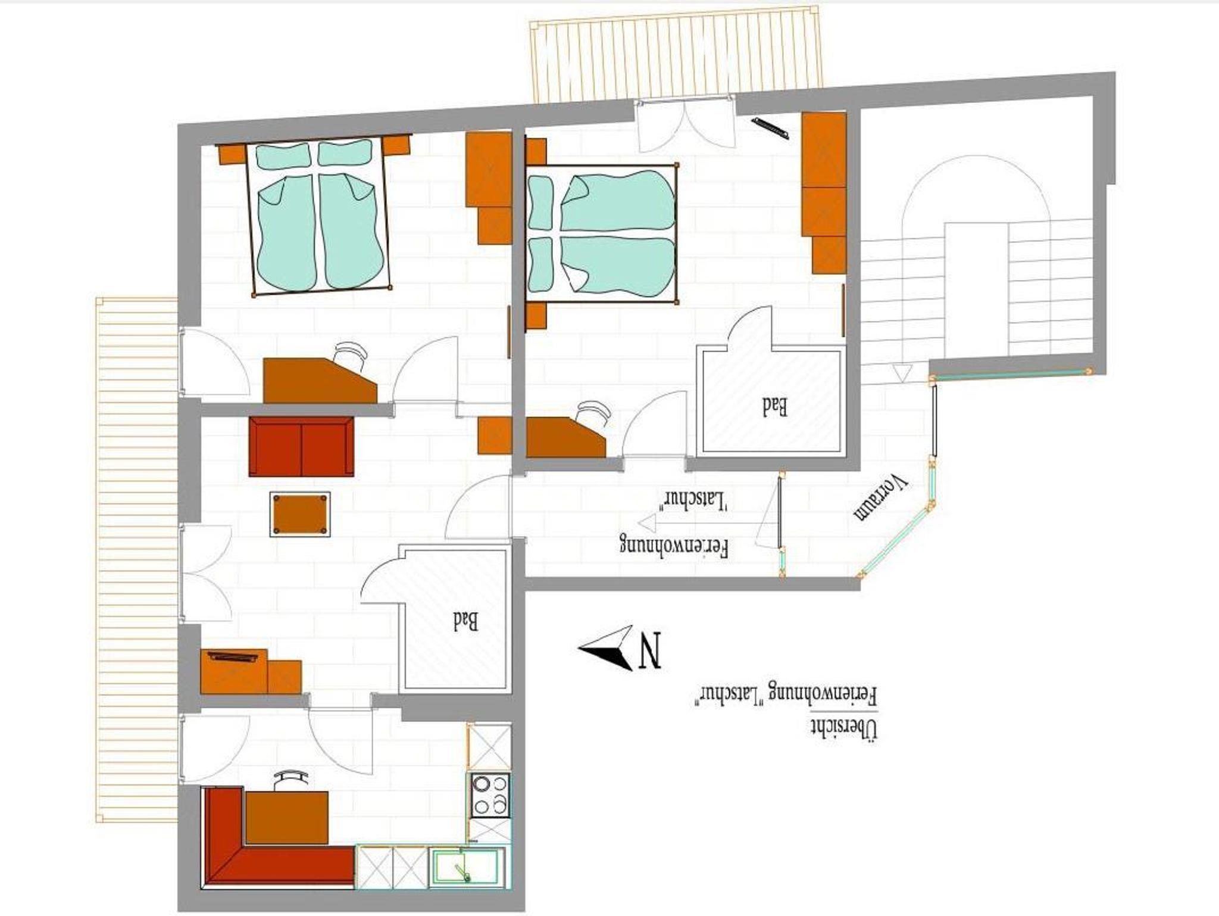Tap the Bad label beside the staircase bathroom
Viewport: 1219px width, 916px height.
[775, 407]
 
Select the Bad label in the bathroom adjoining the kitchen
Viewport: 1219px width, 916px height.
[465, 621]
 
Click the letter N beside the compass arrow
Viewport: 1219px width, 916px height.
[650, 650]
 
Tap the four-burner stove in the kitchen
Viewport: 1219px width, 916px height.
[490, 795]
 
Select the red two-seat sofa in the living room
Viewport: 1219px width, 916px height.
[301, 447]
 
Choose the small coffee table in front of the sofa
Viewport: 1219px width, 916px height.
[299, 514]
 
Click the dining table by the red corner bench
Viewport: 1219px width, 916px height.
[286, 817]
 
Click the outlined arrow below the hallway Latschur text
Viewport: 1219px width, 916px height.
[683, 523]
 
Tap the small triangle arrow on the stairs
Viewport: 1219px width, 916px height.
[902, 373]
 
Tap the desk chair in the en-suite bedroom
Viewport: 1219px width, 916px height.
[594, 412]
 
